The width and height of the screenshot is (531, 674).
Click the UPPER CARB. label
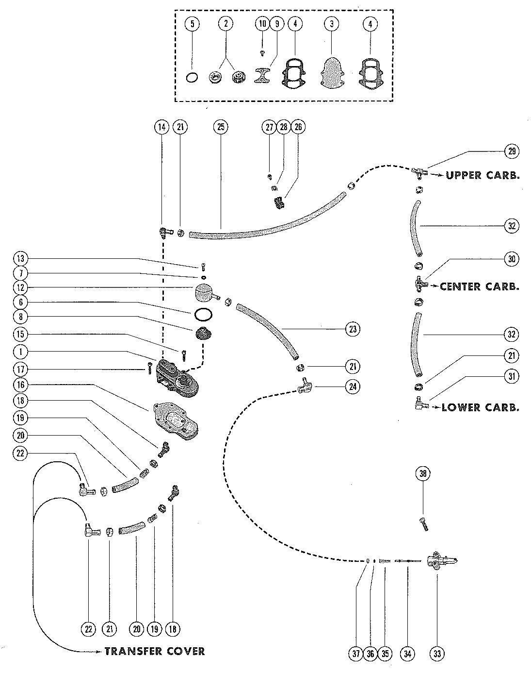tap(483, 175)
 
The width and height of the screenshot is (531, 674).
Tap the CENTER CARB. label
tap(479, 286)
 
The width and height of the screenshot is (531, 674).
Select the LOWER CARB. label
tap(480, 407)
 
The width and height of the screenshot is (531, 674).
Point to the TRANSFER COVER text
tap(154, 651)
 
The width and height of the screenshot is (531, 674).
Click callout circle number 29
tap(511, 151)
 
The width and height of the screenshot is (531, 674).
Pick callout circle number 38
tap(422, 473)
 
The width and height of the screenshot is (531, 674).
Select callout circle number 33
tap(437, 654)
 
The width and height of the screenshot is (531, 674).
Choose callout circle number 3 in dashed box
tap(331, 23)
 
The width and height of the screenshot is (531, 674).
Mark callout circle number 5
tap(193, 23)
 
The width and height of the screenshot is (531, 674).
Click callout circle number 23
tap(353, 329)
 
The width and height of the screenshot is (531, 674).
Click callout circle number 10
tap(262, 23)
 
